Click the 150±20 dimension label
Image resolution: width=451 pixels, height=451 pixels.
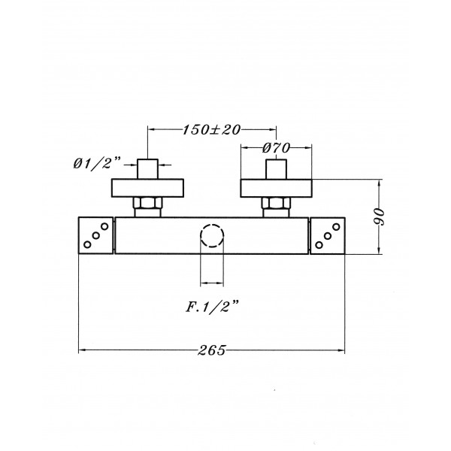pyautogui.click(x=211, y=130)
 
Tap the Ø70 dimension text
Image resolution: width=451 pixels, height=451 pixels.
pyautogui.click(x=276, y=148)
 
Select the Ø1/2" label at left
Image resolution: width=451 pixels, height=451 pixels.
pyautogui.click(x=97, y=164)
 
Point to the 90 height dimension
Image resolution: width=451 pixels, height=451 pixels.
pyautogui.click(x=380, y=217)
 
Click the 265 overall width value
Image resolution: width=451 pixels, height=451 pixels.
pyautogui.click(x=212, y=350)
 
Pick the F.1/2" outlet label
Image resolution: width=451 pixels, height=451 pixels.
pyautogui.click(x=212, y=307)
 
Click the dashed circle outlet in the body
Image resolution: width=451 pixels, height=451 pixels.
pyautogui.click(x=212, y=235)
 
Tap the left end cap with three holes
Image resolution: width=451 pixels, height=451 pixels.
pyautogui.click(x=95, y=235)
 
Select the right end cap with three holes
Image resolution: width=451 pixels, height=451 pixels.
pyautogui.click(x=328, y=236)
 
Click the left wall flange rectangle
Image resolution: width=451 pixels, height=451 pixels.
pyautogui.click(x=147, y=188)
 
